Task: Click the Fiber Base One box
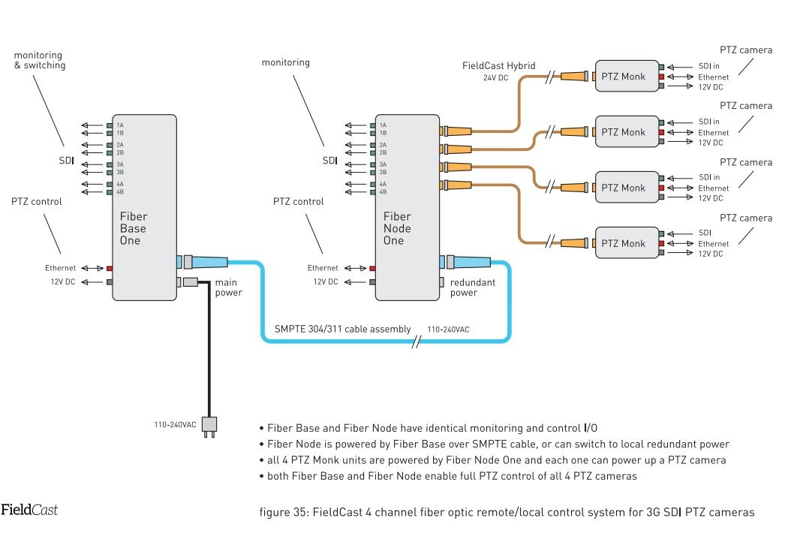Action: tap(144, 206)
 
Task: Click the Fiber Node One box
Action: tap(407, 206)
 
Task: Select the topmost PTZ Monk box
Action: tap(623, 76)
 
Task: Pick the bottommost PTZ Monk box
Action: tap(623, 243)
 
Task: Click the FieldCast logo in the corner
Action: tap(29, 510)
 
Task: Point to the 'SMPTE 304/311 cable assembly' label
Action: tap(342, 329)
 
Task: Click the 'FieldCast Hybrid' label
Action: tap(498, 66)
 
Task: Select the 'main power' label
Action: tap(228, 288)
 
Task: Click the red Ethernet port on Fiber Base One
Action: tap(110, 268)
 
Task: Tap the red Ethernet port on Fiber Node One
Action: tap(372, 268)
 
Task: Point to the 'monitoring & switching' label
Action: tap(39, 60)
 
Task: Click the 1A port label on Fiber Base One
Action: tap(120, 125)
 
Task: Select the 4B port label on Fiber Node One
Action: tap(383, 191)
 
